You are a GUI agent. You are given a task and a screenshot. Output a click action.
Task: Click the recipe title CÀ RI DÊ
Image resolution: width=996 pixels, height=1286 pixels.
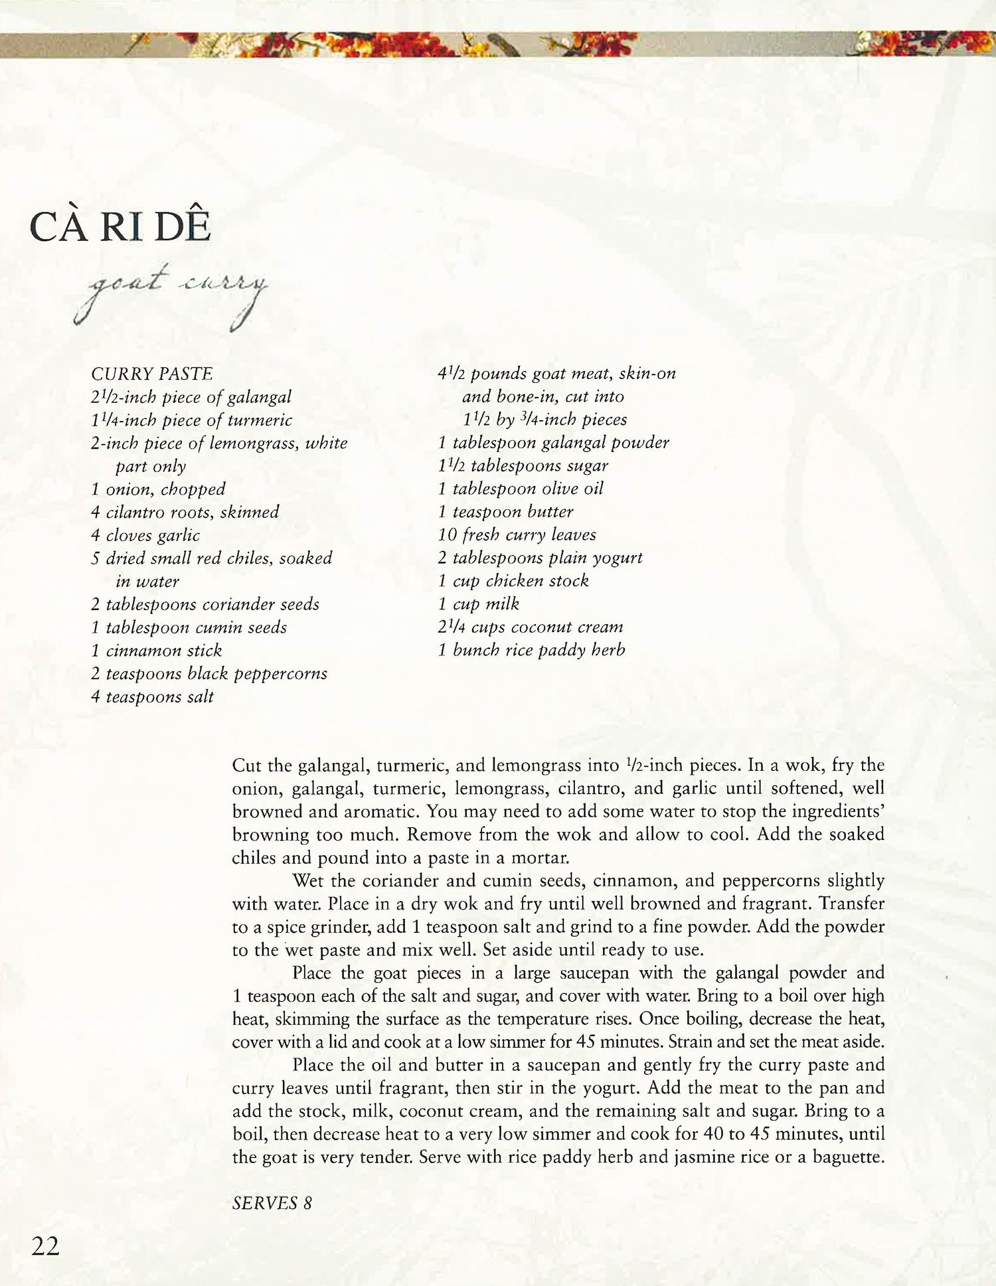pos(120,227)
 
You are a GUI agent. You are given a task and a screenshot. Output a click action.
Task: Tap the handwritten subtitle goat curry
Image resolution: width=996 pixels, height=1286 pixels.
pos(171,292)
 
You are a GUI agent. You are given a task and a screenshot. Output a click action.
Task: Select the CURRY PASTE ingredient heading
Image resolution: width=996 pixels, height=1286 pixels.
pos(152,374)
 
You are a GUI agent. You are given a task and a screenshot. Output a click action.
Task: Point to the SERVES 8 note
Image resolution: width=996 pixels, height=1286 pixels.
pos(272,1203)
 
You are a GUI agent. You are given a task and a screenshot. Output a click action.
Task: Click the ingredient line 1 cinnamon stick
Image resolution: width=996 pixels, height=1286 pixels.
pos(157,651)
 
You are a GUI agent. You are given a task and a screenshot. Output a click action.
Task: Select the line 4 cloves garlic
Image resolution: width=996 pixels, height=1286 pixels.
pos(145,535)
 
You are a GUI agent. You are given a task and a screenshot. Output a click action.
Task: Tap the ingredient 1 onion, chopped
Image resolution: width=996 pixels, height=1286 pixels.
pos(158,489)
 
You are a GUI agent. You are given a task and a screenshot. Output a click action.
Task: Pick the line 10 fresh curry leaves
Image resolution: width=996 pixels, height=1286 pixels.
pos(517,534)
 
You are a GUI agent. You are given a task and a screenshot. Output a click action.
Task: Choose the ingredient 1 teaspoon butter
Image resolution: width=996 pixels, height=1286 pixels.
pos(505,512)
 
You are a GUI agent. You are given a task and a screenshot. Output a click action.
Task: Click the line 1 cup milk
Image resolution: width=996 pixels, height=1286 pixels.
pos(478,604)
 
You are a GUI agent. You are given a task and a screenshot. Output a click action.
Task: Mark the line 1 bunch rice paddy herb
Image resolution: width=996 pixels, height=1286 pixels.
pos(531,650)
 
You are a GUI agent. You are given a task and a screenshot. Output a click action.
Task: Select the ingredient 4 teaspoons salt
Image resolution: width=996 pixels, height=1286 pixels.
pos(152,697)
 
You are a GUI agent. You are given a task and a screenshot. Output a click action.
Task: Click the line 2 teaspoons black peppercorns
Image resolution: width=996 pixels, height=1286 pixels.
pos(209,674)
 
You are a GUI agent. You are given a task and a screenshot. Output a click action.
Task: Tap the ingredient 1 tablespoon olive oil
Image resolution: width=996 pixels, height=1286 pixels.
pos(521,489)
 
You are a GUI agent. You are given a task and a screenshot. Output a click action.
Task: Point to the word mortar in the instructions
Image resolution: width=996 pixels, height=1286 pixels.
pos(539,858)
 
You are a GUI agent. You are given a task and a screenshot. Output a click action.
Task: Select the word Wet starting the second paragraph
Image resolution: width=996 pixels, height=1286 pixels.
pos(308,881)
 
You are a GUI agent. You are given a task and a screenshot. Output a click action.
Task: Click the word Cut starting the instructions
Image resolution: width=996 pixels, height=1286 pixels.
pos(246,765)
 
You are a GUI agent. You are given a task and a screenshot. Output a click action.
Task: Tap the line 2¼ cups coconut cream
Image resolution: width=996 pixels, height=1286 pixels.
pos(530,627)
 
